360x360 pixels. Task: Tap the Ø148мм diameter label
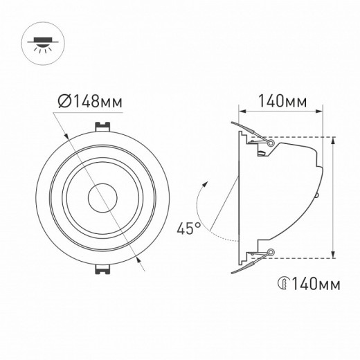89,101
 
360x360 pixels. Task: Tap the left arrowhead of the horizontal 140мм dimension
241,111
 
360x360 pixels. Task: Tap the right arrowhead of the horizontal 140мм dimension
320,111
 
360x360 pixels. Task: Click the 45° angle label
188,227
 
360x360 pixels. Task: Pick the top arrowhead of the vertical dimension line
334,139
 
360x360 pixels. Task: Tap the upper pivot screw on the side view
271,143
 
